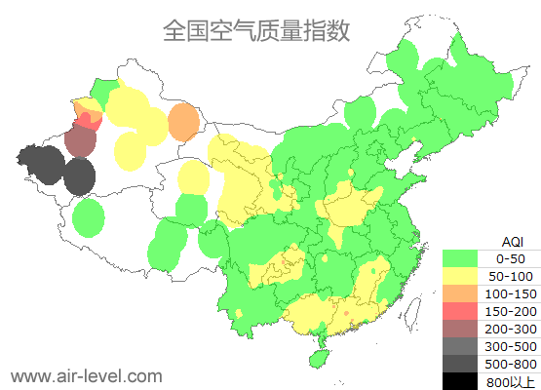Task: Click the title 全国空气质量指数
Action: [256, 30]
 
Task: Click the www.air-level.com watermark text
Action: [86, 375]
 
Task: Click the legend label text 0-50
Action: [511, 258]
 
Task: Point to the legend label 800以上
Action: [511, 381]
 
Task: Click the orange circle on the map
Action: [182, 123]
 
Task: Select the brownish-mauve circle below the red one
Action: [80, 142]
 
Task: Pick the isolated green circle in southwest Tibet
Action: [88, 217]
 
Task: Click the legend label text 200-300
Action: [511, 329]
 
